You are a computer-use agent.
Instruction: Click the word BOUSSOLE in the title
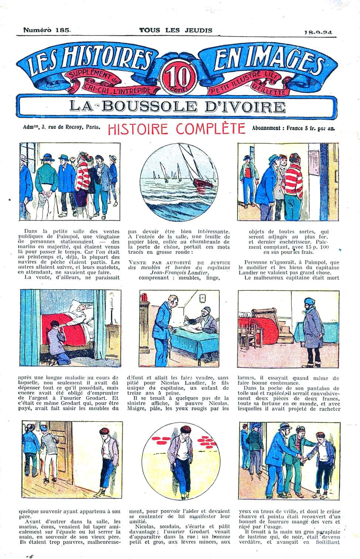[x=148, y=106]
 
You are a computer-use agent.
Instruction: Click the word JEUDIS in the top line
[x=198, y=30]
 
